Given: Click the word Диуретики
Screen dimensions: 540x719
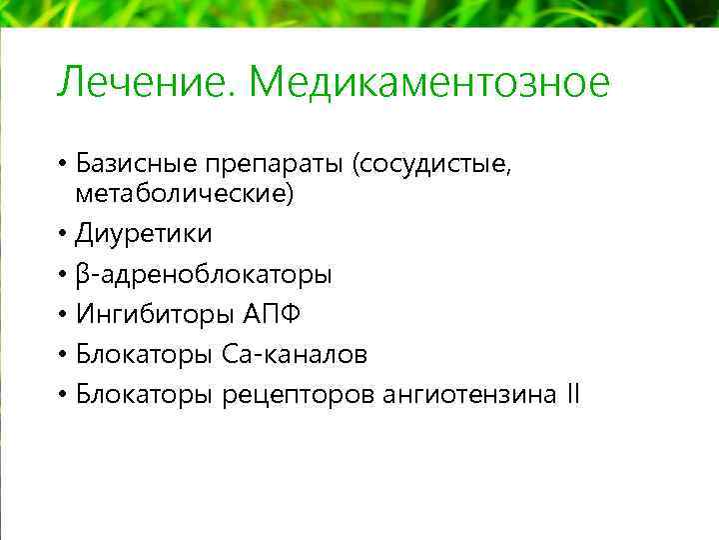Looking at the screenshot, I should click(144, 234).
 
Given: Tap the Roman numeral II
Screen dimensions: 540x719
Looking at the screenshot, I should click(571, 394).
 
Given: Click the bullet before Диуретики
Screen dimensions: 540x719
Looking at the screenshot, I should click(62, 234).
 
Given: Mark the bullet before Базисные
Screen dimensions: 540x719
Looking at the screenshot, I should click(62, 162).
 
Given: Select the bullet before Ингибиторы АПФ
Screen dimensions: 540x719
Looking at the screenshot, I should click(62, 314).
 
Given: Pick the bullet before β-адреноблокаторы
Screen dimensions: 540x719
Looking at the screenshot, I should click(62, 274).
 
